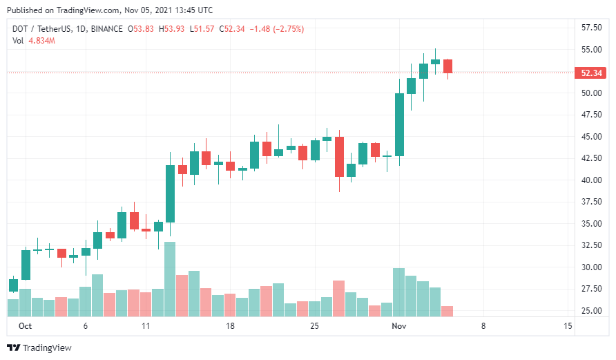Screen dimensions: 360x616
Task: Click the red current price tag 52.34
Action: [x=591, y=73]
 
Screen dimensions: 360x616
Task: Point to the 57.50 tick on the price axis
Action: [x=591, y=28]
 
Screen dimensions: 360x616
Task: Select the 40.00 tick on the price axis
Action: [x=591, y=180]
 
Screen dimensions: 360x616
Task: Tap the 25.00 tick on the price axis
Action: [x=591, y=310]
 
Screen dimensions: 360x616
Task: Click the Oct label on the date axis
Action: [x=26, y=325]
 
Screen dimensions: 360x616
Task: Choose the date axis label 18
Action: [x=231, y=325]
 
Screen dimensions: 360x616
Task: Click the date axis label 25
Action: [x=315, y=325]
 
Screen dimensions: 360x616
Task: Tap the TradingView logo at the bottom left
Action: [x=39, y=348]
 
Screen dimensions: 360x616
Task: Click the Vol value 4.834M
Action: [x=41, y=41]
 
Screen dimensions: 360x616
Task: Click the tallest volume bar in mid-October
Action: [x=170, y=278]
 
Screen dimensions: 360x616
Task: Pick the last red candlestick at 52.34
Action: [x=447, y=66]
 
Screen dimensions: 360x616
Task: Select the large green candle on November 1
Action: [x=399, y=124]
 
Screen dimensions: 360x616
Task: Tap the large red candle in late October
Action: [x=339, y=157]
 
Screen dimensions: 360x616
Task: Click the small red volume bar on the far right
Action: [x=447, y=311]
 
